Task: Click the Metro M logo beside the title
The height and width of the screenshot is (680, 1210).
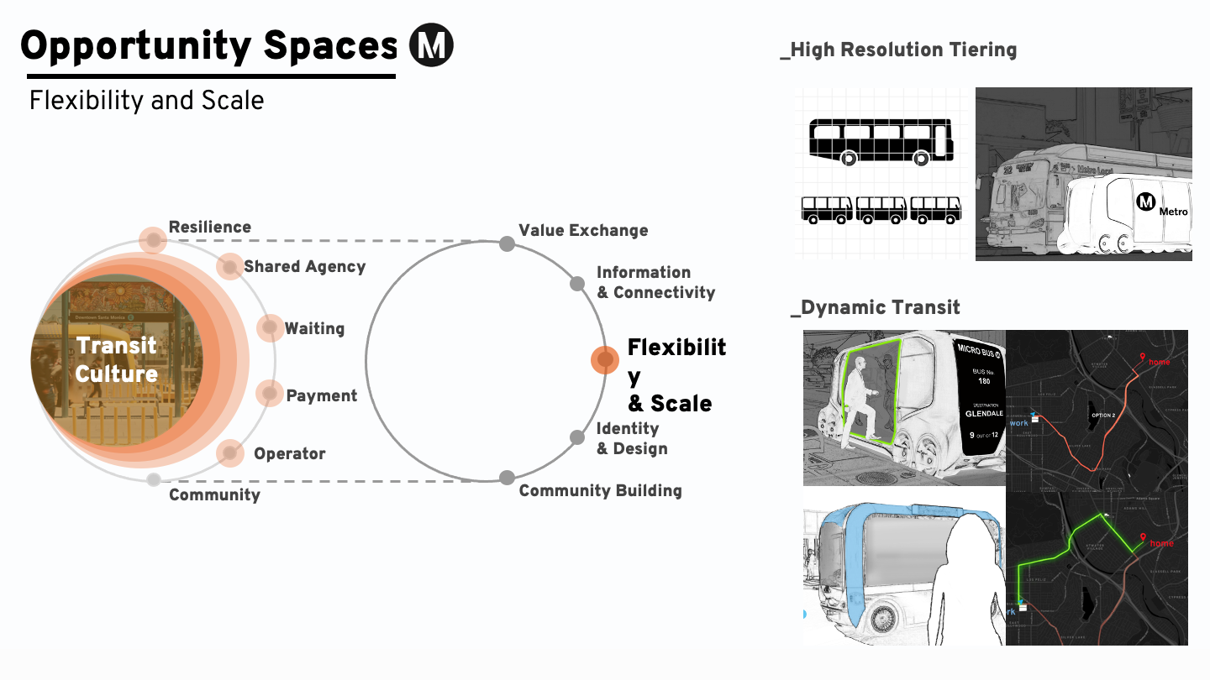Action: coord(431,45)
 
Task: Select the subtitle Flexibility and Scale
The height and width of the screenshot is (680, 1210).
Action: coord(146,101)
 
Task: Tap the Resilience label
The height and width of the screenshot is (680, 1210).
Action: coord(209,228)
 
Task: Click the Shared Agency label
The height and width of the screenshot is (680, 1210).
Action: coord(304,267)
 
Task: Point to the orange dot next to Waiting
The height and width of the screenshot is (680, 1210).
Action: coord(271,328)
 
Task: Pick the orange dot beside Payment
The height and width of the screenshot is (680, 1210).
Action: coord(270,393)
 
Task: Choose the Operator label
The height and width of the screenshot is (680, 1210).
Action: coord(289,454)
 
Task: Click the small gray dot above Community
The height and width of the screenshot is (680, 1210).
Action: coord(154,479)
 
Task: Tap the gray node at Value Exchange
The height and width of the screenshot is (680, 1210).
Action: coord(507,243)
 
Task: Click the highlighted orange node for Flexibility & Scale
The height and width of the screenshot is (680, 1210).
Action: coord(605,360)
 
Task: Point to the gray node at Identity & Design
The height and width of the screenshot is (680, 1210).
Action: coord(577,437)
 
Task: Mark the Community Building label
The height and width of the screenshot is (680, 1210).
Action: coord(600,491)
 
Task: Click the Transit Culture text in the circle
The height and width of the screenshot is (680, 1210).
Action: coord(117,359)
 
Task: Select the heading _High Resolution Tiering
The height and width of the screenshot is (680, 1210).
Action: coord(898,50)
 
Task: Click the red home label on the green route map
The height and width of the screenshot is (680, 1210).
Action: coord(1161,543)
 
